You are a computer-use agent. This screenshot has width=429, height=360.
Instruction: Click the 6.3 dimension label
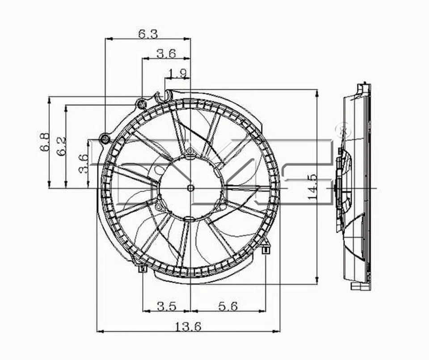click(x=147, y=34)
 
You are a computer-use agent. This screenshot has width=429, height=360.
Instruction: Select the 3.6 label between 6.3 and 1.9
click(x=166, y=54)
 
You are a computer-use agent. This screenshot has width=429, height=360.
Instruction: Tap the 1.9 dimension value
click(x=177, y=73)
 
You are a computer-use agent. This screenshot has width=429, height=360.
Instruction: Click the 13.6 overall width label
click(x=188, y=327)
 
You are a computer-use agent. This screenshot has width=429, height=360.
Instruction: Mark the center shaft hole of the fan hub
click(x=191, y=188)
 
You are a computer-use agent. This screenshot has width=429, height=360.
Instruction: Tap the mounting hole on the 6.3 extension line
click(x=105, y=139)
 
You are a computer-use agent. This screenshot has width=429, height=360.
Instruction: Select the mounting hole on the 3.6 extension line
click(x=142, y=105)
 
